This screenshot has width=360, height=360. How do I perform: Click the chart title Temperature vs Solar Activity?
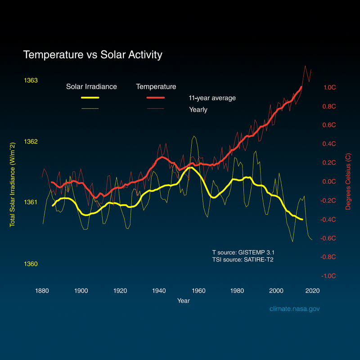[x=92, y=55]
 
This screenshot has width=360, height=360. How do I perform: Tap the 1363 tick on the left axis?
[x=31, y=81]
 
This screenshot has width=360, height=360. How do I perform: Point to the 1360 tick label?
[x=31, y=264]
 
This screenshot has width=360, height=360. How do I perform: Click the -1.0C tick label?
[x=328, y=276]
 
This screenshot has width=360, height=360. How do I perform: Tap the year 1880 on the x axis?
[x=42, y=291]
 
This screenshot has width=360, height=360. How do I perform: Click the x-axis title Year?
[x=183, y=301]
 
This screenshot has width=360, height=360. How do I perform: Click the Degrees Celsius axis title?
[x=348, y=182]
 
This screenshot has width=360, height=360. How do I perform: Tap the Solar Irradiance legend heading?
[x=91, y=87]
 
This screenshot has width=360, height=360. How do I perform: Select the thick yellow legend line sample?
[x=90, y=98]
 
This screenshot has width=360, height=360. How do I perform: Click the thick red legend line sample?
[x=156, y=98]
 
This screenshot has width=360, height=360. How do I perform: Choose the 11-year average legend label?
[x=212, y=98]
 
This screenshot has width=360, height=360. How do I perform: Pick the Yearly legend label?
[x=198, y=109]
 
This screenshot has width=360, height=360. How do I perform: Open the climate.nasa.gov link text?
[x=294, y=309]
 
